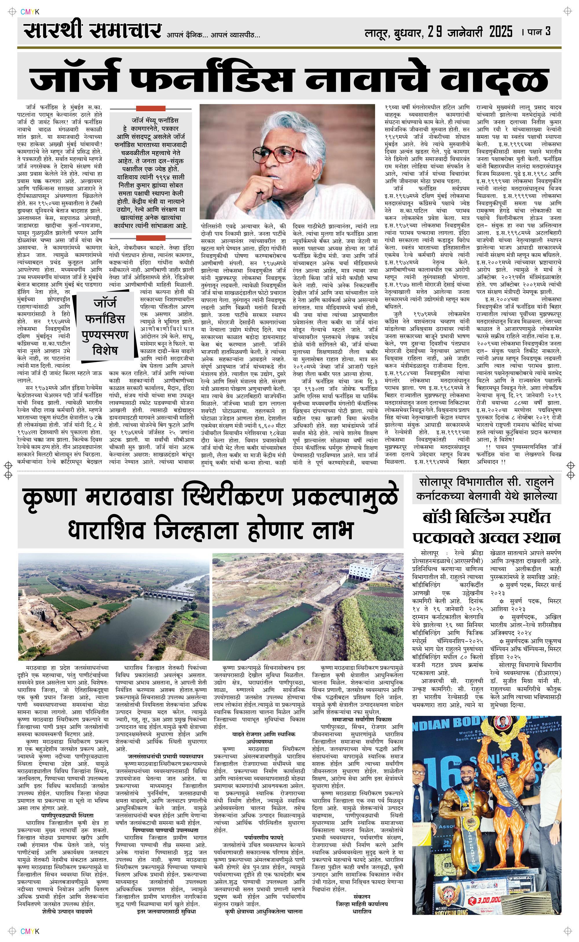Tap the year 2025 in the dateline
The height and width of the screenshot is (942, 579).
click(501, 31)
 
